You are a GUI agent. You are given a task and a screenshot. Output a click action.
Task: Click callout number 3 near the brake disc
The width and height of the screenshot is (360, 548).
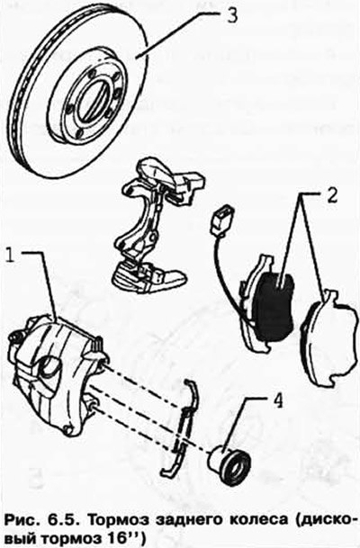click(231, 15)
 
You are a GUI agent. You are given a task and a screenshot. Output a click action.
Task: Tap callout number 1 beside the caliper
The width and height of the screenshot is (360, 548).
click(12, 256)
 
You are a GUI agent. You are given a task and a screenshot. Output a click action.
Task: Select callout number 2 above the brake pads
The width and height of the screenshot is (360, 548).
click(331, 196)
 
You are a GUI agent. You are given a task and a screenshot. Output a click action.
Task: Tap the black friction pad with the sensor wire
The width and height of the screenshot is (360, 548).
click(274, 306)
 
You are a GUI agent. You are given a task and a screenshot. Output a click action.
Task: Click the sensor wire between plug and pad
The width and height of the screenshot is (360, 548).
click(226, 276)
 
